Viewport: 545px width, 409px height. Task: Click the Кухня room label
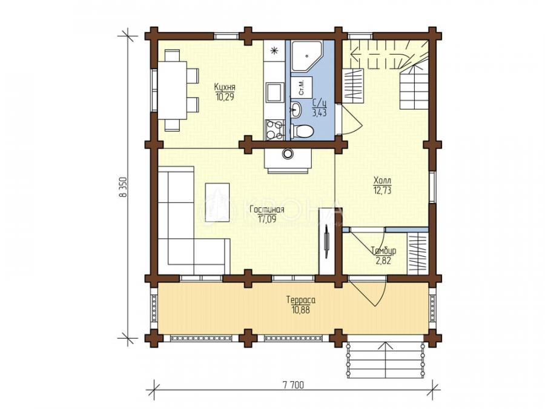[225, 87]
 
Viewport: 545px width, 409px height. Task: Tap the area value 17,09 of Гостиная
[266, 219]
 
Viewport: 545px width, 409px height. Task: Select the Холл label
[382, 181]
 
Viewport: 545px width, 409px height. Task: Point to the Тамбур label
[383, 251]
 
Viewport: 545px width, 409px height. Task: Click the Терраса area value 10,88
[300, 309]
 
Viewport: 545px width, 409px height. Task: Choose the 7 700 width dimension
[293, 385]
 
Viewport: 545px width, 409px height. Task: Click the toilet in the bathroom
[302, 131]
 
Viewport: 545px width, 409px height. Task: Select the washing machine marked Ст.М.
[302, 87]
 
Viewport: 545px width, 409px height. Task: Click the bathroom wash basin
[297, 108]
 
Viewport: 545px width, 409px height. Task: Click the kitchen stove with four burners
[274, 130]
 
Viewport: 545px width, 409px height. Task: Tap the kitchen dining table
[173, 90]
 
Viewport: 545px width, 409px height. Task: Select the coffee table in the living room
[217, 202]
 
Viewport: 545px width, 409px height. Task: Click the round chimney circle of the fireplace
[288, 153]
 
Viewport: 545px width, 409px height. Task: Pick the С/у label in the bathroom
[319, 103]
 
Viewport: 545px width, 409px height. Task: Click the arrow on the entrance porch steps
[386, 359]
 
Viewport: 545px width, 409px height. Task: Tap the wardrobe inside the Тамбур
[417, 253]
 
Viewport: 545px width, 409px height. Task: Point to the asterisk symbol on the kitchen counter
[274, 52]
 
